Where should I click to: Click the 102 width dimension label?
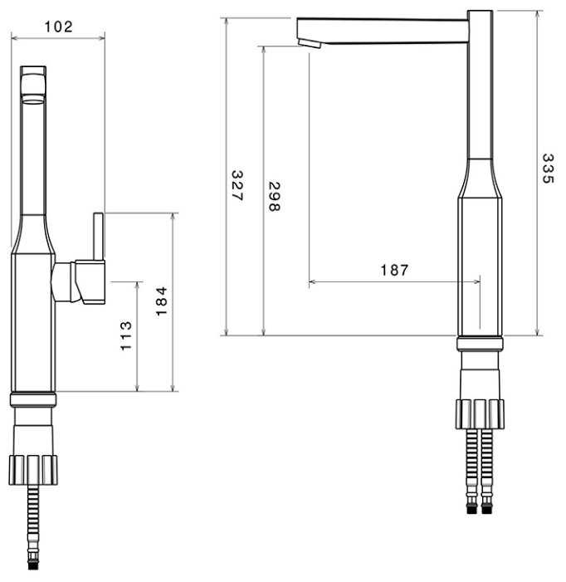point(58,27)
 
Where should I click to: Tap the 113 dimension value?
point(126,335)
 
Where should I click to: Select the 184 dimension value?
point(161,301)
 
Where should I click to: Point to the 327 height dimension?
point(237,186)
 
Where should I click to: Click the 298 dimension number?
point(274,197)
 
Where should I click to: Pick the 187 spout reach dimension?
point(394,270)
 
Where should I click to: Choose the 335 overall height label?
point(548,169)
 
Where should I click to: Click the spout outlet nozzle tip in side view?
point(310,43)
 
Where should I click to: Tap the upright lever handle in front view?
point(98,236)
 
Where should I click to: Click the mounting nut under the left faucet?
point(33,470)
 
